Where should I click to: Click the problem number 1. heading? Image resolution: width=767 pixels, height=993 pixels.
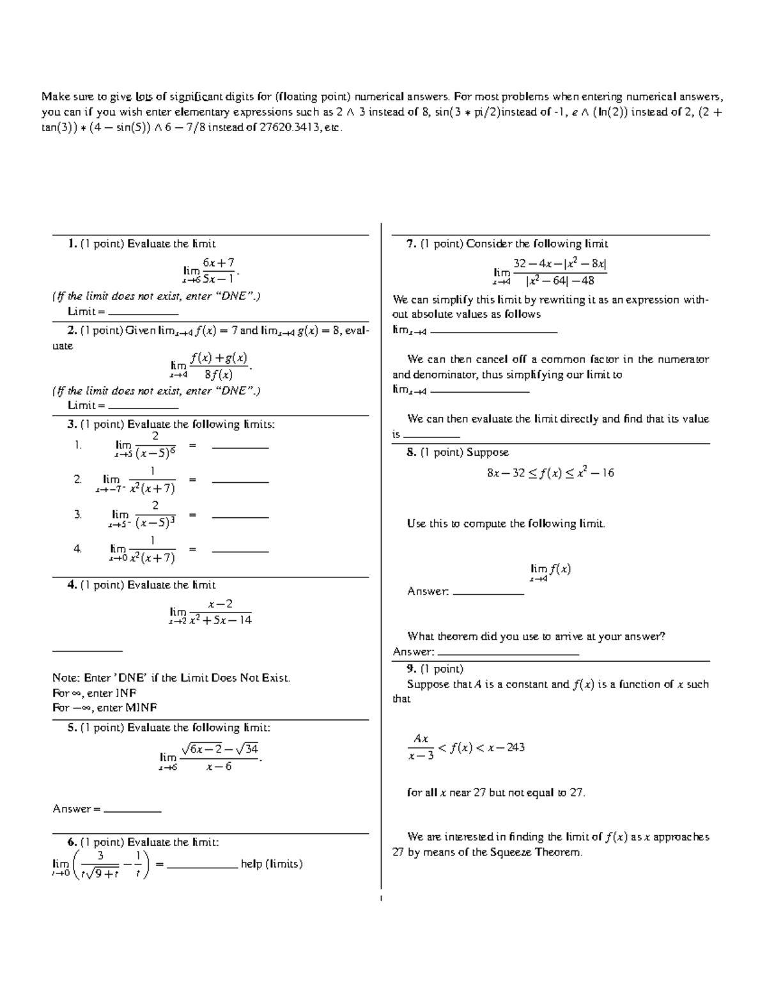coord(72,244)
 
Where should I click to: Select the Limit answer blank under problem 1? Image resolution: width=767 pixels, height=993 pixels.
coord(143,314)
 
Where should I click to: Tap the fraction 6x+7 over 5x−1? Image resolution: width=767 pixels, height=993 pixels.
coord(218,270)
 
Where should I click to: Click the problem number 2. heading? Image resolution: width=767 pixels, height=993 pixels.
coord(72,331)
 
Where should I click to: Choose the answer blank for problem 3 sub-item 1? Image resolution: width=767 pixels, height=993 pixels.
coord(240,448)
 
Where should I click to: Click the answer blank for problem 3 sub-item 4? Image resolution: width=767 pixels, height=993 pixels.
coord(240,551)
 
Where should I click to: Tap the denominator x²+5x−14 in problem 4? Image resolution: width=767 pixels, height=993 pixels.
coord(221,620)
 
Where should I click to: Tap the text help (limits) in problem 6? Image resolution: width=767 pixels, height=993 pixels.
coord(272,864)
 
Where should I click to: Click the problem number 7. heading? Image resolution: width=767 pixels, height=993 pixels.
coord(412,244)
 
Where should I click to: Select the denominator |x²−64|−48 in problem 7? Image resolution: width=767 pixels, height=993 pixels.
coord(560,281)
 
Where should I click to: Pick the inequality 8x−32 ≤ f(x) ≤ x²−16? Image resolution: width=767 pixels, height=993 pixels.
coord(550,473)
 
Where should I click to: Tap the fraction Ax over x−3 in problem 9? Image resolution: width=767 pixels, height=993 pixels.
coord(421,747)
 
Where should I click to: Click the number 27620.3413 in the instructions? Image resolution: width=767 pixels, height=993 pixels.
coord(291,127)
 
